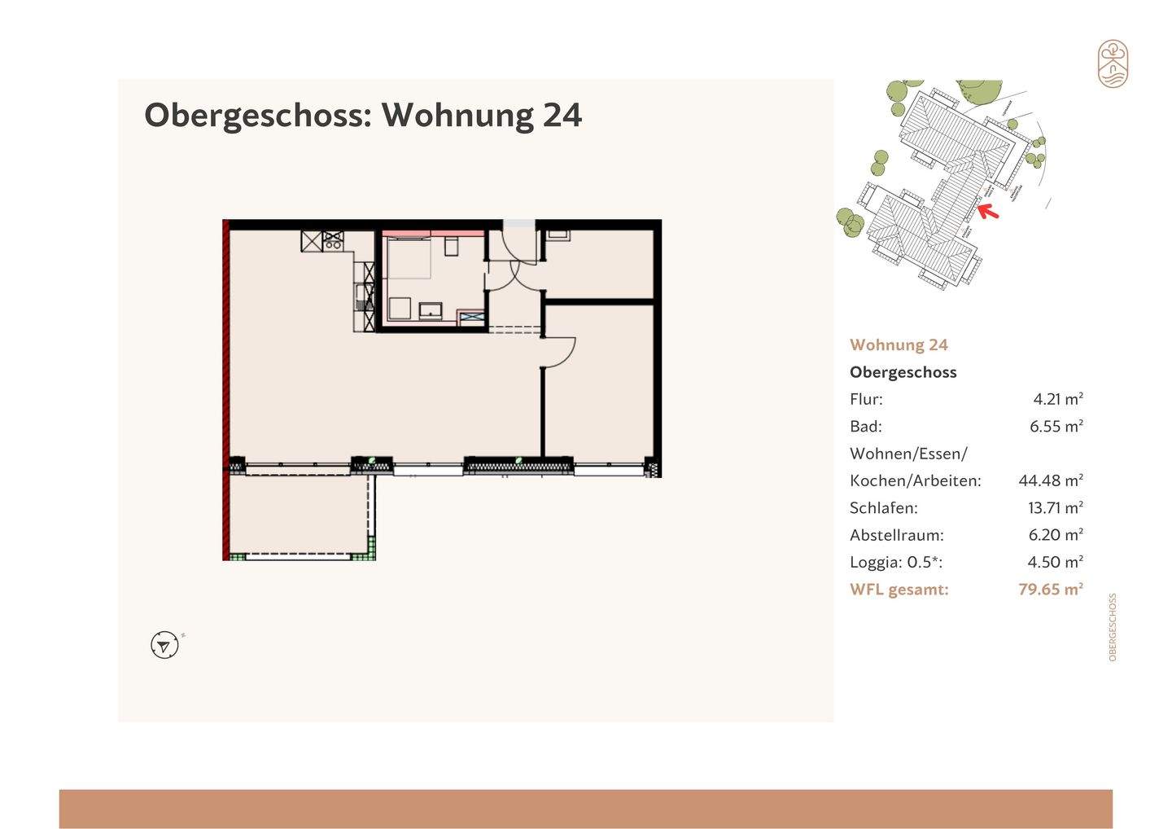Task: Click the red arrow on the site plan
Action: (987, 212)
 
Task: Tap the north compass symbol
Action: (164, 645)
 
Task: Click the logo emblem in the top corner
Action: (1113, 64)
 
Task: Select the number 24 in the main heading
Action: (562, 115)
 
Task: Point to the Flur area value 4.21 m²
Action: (1057, 399)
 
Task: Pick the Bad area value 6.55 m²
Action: (1056, 426)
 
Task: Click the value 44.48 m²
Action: (1050, 480)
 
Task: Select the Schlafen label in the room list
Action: (883, 507)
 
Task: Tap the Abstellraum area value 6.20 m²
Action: (1056, 535)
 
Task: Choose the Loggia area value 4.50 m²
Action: (1056, 562)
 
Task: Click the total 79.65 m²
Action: (1050, 589)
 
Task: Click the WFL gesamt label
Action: (899, 589)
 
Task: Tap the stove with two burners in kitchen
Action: (333, 240)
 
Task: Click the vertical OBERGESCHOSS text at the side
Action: (1113, 626)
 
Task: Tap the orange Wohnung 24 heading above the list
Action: (899, 344)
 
